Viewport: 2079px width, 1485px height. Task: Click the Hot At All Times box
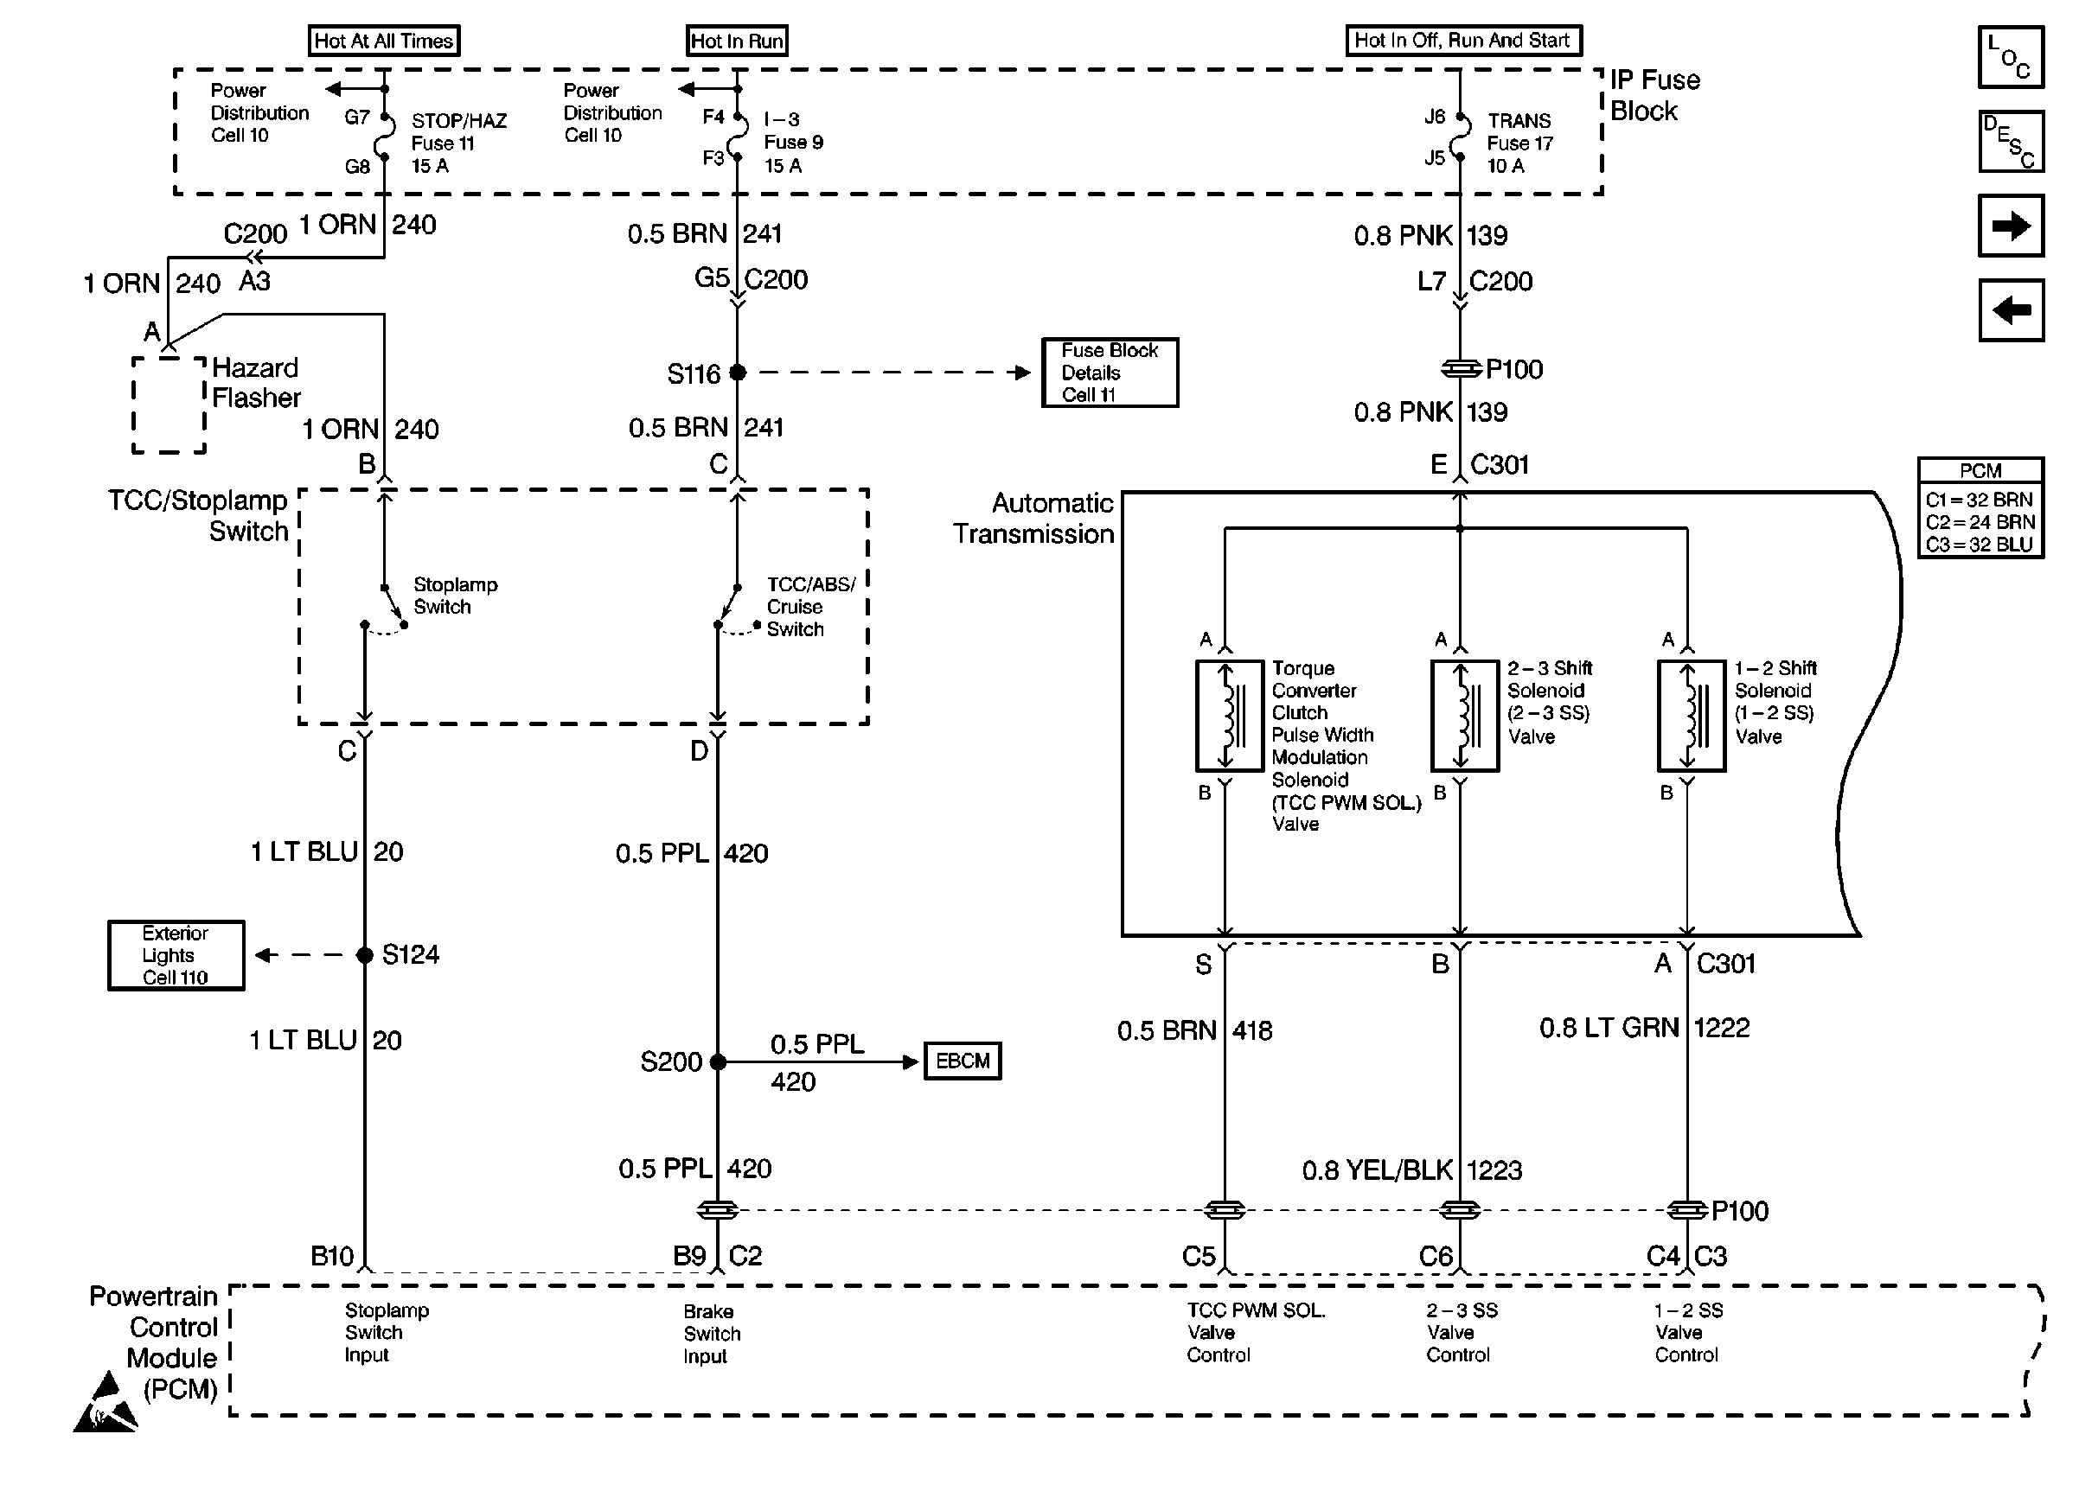pyautogui.click(x=383, y=41)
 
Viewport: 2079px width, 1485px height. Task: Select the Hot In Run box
pyautogui.click(x=736, y=41)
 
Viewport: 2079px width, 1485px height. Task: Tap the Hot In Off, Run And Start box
pyautogui.click(x=1462, y=41)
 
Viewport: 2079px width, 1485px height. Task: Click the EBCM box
pyautogui.click(x=963, y=1061)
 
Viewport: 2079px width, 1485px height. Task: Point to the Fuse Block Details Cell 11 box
pyautogui.click(x=1110, y=373)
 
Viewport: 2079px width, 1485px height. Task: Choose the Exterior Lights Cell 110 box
pyautogui.click(x=176, y=954)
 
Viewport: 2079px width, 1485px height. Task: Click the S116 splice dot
pyautogui.click(x=739, y=373)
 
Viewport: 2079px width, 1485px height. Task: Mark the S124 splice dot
pyautogui.click(x=364, y=954)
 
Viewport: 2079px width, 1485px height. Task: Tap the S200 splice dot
pyautogui.click(x=718, y=1061)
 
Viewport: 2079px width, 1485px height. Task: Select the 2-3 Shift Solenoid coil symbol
pyautogui.click(x=1464, y=716)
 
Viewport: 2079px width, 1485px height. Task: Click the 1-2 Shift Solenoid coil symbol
pyautogui.click(x=1692, y=716)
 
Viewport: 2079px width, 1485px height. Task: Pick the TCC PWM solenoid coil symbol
pyautogui.click(x=1229, y=716)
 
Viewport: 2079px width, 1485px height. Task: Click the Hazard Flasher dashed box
pyautogui.click(x=170, y=405)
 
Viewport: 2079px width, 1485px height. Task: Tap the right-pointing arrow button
pyautogui.click(x=2011, y=225)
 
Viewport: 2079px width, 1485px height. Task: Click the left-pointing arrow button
pyautogui.click(x=2011, y=310)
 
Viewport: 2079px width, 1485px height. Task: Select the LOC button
pyautogui.click(x=2011, y=57)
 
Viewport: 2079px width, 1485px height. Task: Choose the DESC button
pyautogui.click(x=2011, y=142)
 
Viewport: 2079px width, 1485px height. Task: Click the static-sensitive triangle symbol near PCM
pyautogui.click(x=106, y=1404)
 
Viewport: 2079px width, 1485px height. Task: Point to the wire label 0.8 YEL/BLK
pyautogui.click(x=1377, y=1170)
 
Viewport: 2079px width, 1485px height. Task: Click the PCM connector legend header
pyautogui.click(x=1980, y=471)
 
